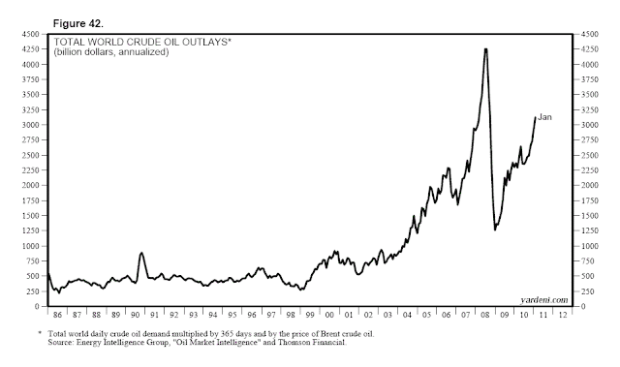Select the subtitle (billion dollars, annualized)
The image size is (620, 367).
(x=110, y=53)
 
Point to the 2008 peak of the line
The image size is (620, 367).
(x=484, y=49)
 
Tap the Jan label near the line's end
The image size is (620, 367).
(x=544, y=117)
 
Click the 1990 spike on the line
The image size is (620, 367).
(x=141, y=253)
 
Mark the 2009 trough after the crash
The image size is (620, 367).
(x=495, y=229)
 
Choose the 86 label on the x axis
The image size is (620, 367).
(x=55, y=316)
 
